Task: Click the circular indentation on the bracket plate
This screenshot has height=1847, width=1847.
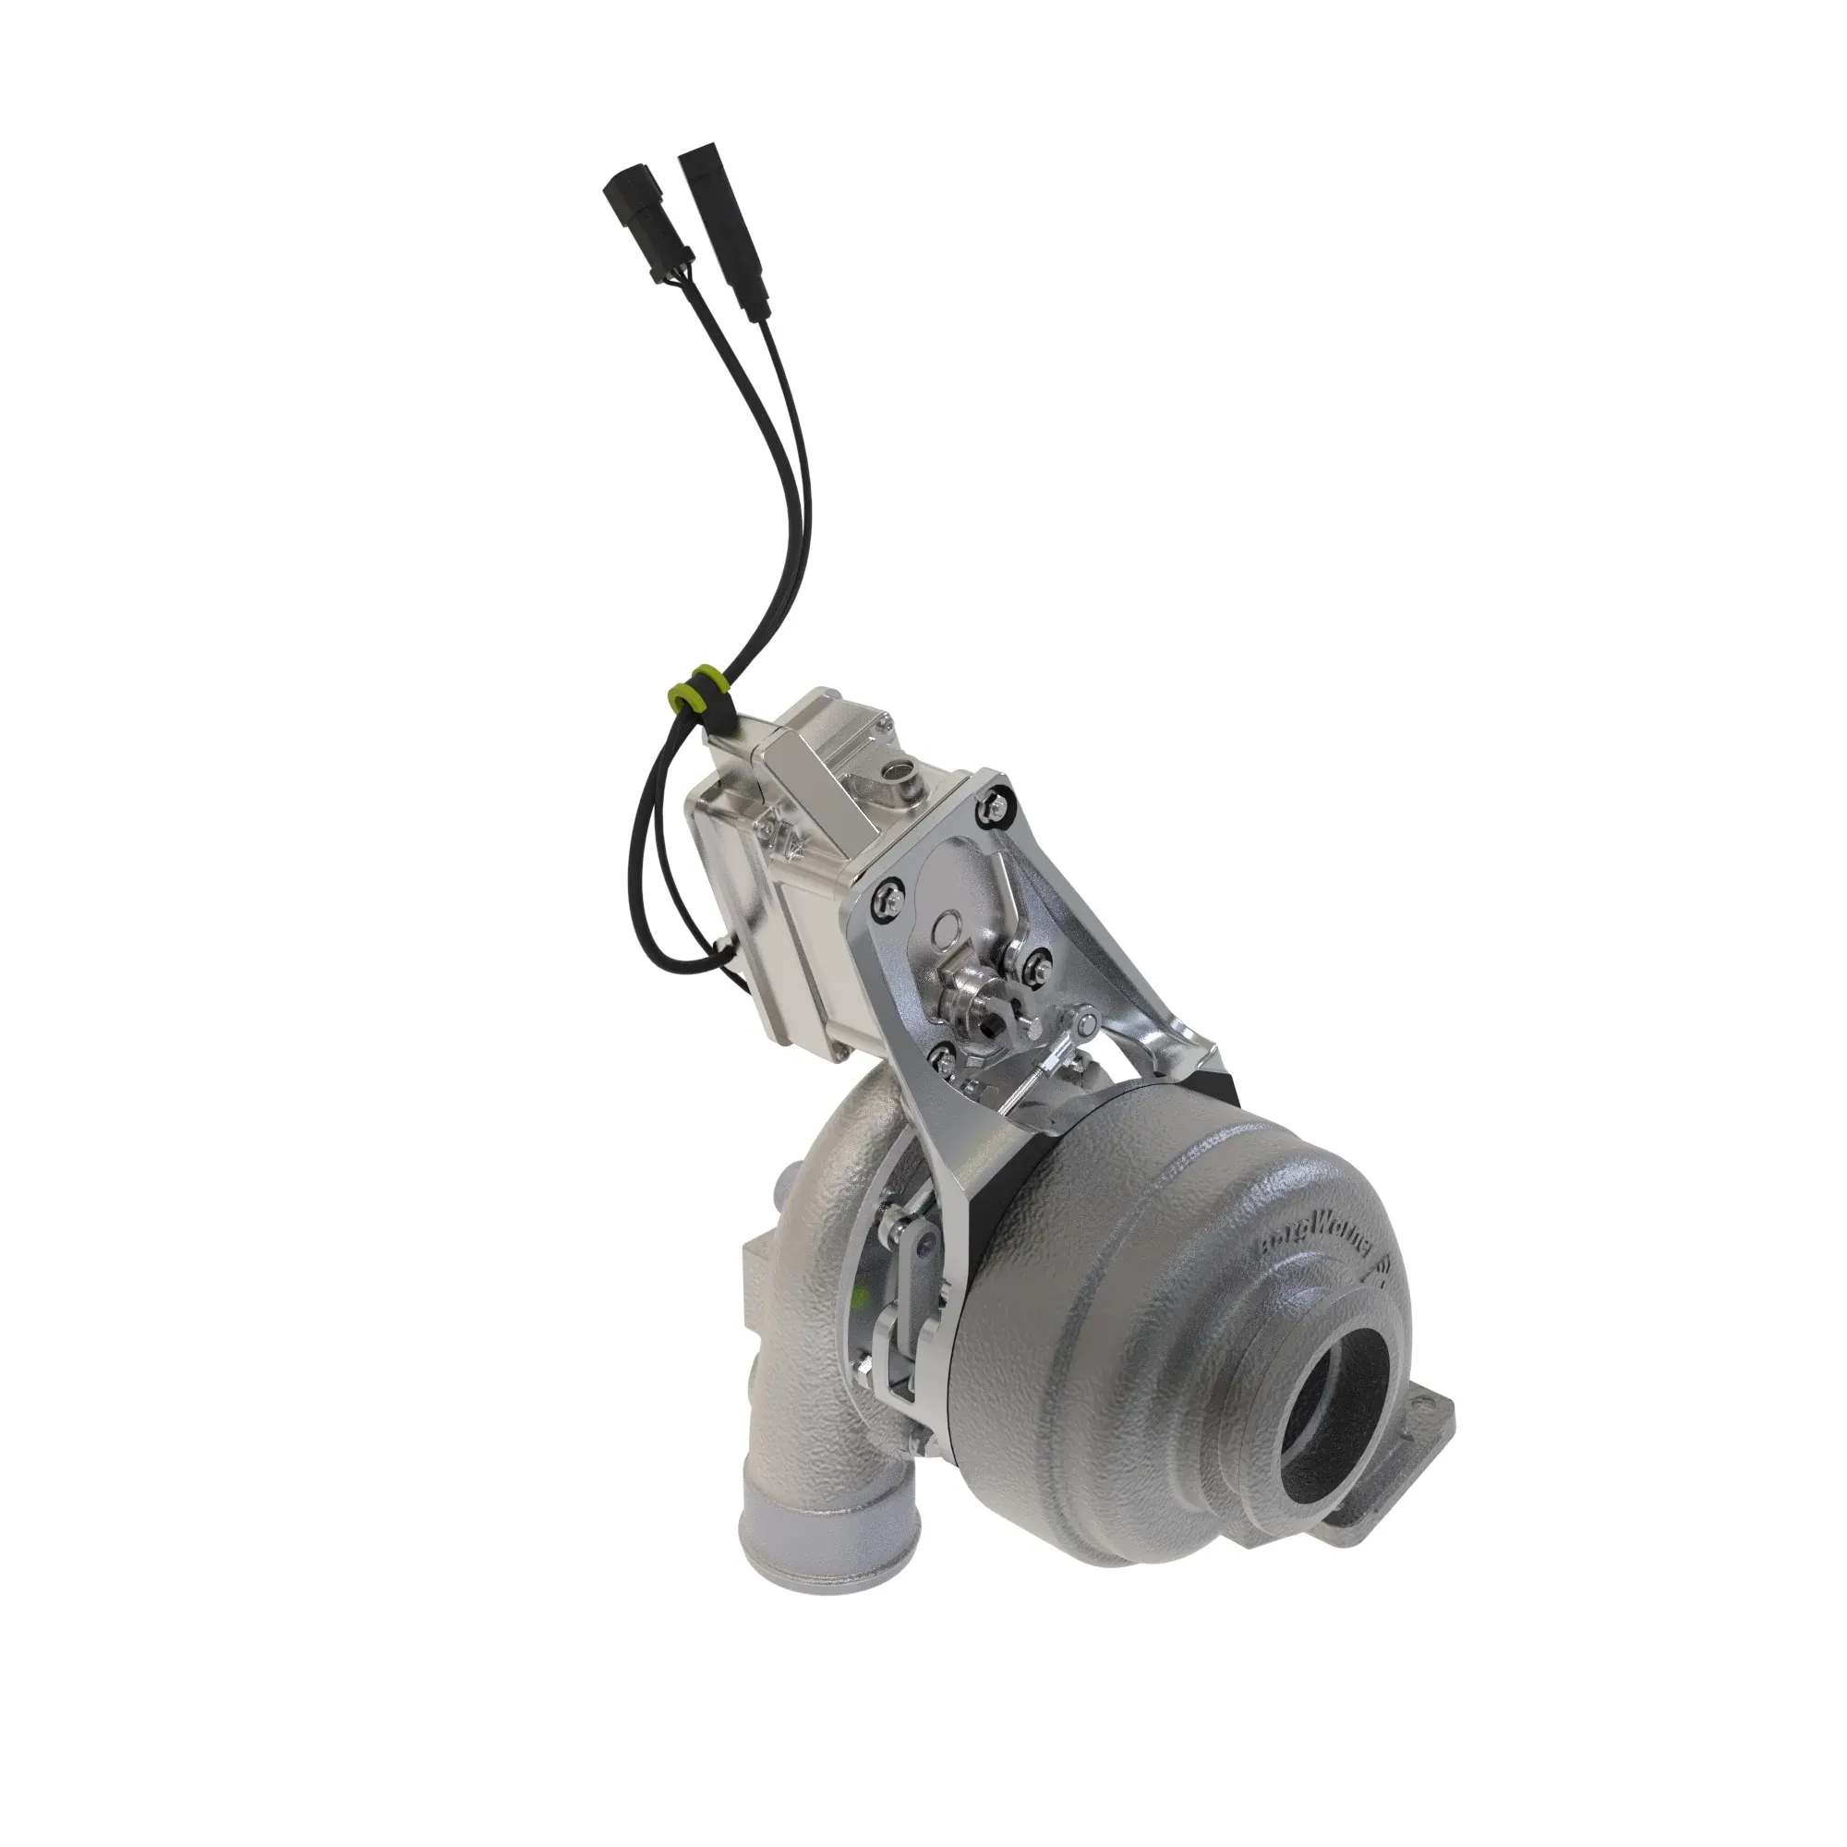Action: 946,926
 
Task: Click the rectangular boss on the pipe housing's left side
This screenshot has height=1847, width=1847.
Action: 759,1282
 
